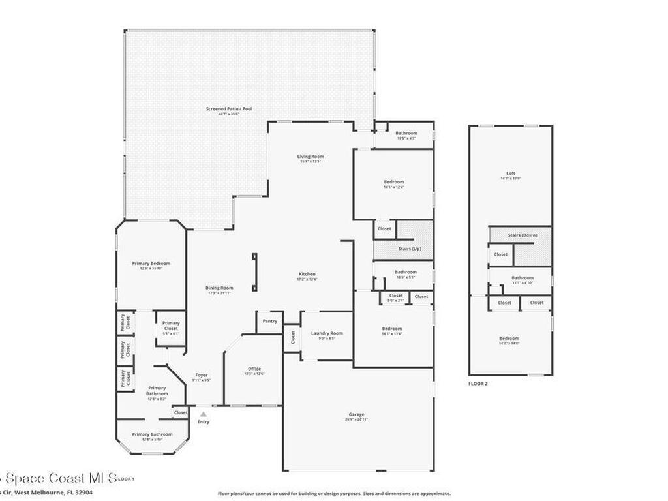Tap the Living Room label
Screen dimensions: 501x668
click(x=311, y=157)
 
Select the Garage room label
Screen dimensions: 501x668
click(x=356, y=414)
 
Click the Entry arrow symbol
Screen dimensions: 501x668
click(x=204, y=414)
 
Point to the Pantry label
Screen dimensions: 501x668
click(x=269, y=321)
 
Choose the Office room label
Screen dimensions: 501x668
click(x=254, y=369)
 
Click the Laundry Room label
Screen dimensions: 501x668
click(x=327, y=333)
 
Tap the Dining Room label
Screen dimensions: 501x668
click(x=220, y=288)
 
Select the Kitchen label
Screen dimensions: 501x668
click(x=307, y=274)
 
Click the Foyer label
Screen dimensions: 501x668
click(x=202, y=375)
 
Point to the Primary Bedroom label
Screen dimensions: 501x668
click(x=151, y=264)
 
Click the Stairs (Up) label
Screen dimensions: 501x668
click(x=410, y=249)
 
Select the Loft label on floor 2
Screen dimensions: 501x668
click(x=511, y=174)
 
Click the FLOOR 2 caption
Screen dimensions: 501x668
click(x=478, y=384)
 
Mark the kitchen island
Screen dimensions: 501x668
click(x=254, y=272)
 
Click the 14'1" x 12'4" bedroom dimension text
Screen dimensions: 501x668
click(x=393, y=187)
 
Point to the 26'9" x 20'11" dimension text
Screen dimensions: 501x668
click(x=356, y=419)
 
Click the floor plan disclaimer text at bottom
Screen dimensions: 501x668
click(x=334, y=494)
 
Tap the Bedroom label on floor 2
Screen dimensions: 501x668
click(x=509, y=338)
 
